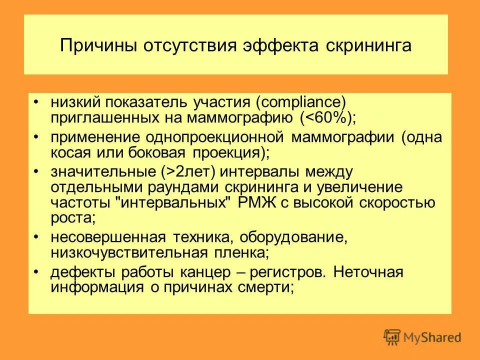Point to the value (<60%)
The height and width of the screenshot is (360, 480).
point(328,117)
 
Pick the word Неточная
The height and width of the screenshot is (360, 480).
point(368,272)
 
